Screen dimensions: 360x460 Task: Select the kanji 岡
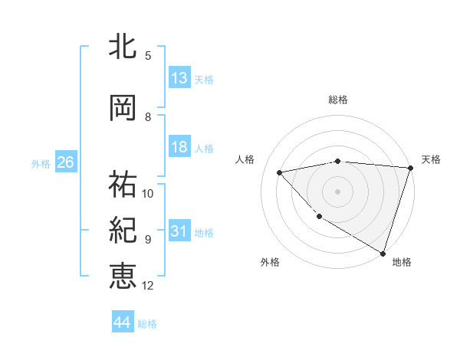click(x=123, y=108)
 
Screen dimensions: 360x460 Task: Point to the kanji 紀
click(x=123, y=231)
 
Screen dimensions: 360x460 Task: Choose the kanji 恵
click(x=123, y=276)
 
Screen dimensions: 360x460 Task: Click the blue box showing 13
click(x=179, y=78)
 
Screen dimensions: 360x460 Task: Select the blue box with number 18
click(x=179, y=147)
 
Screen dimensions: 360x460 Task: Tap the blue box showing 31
click(x=179, y=231)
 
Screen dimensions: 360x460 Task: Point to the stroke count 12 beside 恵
click(x=148, y=286)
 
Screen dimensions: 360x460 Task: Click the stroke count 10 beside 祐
click(x=148, y=193)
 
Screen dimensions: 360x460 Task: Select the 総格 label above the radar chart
click(x=338, y=100)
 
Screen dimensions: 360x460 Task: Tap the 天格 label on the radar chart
click(x=431, y=159)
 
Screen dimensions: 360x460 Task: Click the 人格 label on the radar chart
click(x=245, y=159)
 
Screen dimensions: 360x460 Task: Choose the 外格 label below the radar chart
click(x=270, y=262)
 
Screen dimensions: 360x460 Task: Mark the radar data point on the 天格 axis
click(x=411, y=168)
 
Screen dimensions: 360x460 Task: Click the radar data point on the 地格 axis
click(x=383, y=253)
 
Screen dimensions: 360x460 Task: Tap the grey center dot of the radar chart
click(x=338, y=191)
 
